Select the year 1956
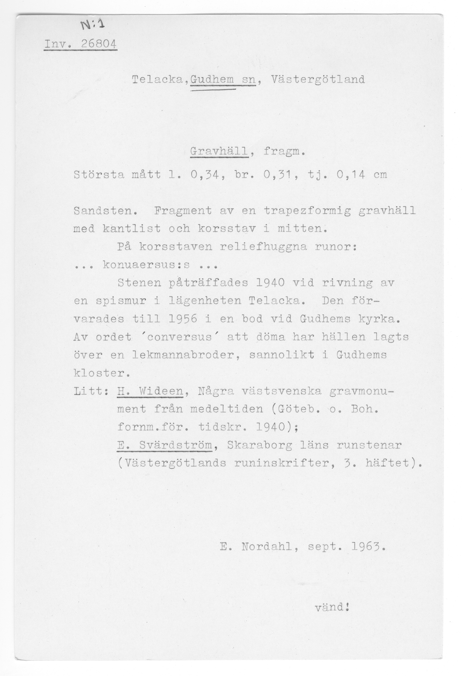(x=183, y=319)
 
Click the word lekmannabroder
(x=186, y=355)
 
